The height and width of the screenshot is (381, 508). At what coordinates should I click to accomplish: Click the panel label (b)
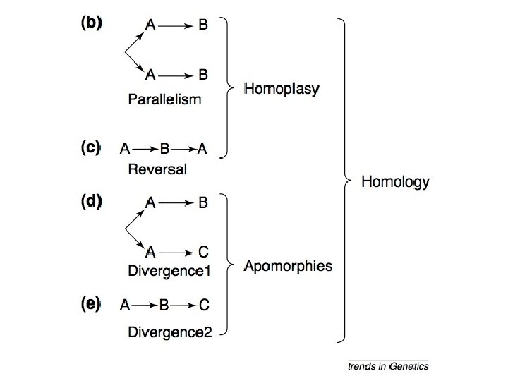click(91, 23)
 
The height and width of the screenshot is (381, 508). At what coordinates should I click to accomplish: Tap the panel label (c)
click(91, 147)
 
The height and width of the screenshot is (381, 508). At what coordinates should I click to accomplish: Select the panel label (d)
click(91, 201)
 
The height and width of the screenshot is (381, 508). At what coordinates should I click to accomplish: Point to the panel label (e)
click(91, 304)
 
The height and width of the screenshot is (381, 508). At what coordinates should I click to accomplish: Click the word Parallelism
click(164, 99)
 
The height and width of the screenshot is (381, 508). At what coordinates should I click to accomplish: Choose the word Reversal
click(157, 169)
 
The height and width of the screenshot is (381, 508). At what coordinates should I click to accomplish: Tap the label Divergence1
click(169, 271)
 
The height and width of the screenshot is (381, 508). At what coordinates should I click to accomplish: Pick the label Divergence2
click(170, 332)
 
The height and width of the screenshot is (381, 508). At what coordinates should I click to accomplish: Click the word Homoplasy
click(282, 89)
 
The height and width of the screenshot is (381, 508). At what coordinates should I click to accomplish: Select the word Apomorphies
click(288, 266)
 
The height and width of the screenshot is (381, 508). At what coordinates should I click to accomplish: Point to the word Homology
click(395, 182)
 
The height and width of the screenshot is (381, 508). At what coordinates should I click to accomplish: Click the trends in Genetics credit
click(388, 366)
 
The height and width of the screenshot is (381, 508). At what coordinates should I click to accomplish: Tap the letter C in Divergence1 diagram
click(203, 252)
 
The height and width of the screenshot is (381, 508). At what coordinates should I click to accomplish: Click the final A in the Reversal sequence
click(202, 149)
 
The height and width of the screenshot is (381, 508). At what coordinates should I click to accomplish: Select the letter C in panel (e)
click(204, 305)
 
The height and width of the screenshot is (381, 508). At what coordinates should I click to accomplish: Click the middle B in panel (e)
click(164, 305)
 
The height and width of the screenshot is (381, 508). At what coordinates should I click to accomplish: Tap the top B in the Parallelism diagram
click(202, 25)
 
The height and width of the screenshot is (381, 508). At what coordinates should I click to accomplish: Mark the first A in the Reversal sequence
click(125, 149)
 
